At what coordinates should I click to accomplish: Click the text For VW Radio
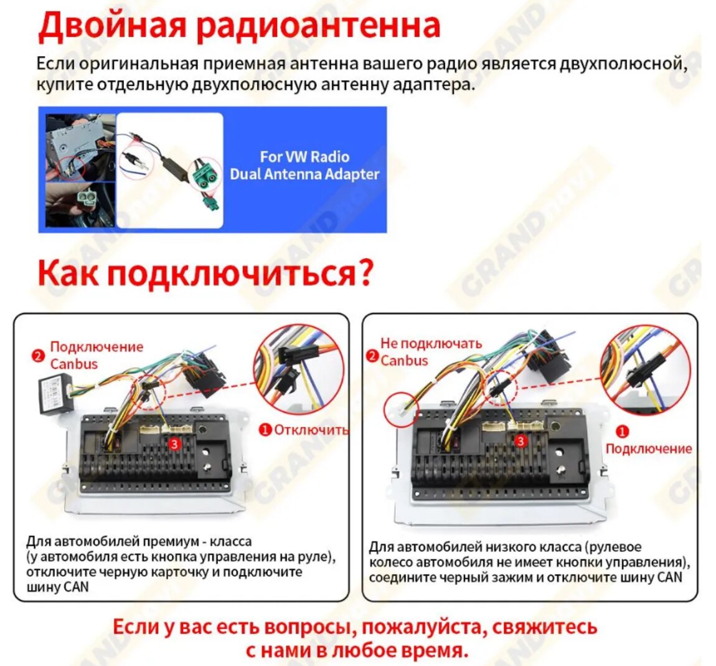coord(304,156)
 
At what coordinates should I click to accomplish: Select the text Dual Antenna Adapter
coord(304,174)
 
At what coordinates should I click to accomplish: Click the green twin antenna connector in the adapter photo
coord(205,175)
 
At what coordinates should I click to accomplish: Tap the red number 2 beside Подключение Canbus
coord(38,356)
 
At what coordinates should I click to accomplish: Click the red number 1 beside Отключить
coord(265,430)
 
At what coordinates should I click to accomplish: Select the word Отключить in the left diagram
coord(311,430)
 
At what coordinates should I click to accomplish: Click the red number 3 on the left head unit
coord(174,444)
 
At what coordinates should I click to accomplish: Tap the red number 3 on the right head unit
coord(520,441)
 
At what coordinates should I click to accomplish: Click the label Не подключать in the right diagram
coord(431,343)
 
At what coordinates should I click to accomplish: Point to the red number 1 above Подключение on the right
coord(622,431)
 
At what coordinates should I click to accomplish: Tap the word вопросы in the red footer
coord(309,627)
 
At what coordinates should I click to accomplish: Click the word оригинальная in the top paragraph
coord(139,64)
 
